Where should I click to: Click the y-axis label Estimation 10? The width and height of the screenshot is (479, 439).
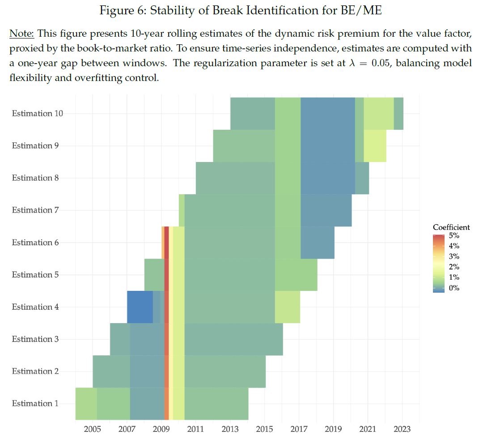[37, 113]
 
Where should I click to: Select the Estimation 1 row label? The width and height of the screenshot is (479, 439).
[35, 403]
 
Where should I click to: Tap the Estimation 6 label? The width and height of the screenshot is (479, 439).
[35, 242]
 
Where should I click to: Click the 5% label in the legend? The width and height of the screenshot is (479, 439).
[454, 235]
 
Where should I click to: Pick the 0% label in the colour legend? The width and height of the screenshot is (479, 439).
[454, 288]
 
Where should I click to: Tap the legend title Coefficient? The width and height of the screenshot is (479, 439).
[451, 227]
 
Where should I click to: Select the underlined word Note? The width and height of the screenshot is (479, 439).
[21, 34]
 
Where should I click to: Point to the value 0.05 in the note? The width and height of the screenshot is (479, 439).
[379, 63]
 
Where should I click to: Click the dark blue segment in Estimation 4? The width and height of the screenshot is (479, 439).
[140, 307]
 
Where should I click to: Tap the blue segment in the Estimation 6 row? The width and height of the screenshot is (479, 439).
[317, 242]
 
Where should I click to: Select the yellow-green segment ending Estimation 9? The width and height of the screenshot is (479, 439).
[375, 145]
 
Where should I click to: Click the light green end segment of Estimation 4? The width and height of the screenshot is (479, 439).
[287, 307]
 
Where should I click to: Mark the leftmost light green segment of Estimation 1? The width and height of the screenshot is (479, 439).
[86, 403]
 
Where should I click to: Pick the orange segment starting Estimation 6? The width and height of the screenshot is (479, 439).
[163, 242]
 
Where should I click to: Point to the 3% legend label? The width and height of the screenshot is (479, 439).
[454, 256]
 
